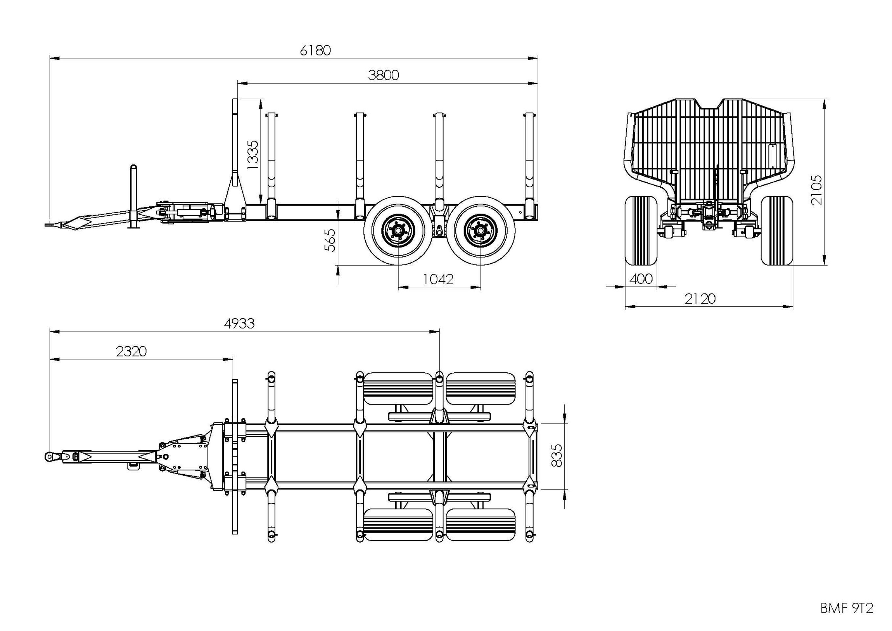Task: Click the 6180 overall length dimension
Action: click(315, 51)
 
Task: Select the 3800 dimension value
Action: click(383, 75)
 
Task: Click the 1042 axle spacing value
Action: click(438, 279)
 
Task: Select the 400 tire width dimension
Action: click(641, 279)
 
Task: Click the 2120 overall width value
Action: click(700, 298)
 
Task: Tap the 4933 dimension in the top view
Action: click(239, 323)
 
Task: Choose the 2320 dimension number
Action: click(131, 351)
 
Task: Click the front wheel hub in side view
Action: click(398, 230)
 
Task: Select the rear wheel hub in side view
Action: click(480, 230)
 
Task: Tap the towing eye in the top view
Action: click(49, 457)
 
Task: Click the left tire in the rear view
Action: click(641, 230)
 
